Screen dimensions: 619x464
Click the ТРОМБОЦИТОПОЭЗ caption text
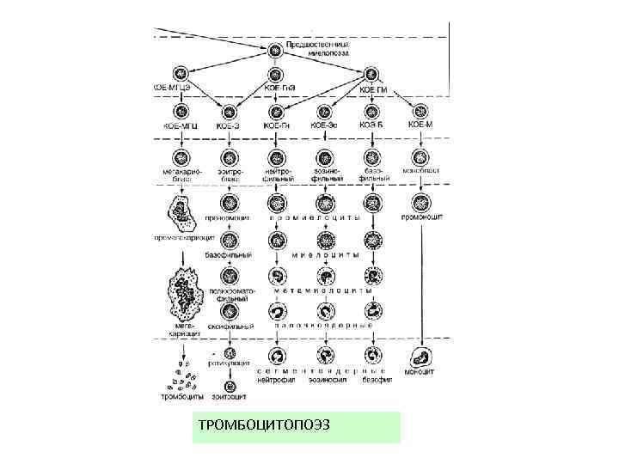pyautogui.click(x=263, y=426)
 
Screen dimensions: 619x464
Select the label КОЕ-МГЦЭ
pyautogui.click(x=173, y=89)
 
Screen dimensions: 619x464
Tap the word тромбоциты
pyautogui.click(x=183, y=396)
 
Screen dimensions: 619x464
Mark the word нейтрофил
pyautogui.click(x=278, y=379)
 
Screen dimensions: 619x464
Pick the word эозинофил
pyautogui.click(x=327, y=379)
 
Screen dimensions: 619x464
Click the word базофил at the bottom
pyautogui.click(x=376, y=379)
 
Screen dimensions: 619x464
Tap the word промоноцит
pyautogui.click(x=421, y=218)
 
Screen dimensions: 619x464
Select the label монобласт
pyautogui.click(x=421, y=171)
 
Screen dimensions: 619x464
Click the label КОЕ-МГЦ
pyautogui.click(x=181, y=126)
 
